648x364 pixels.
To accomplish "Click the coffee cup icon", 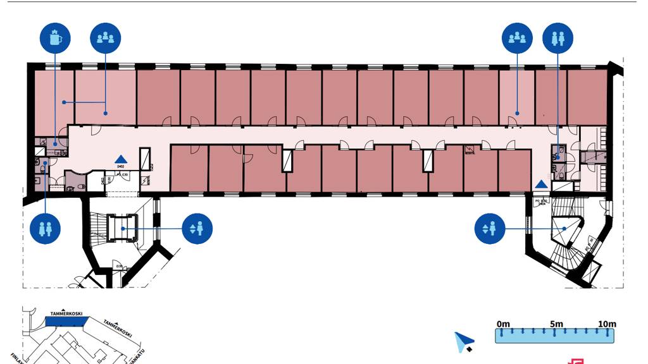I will coord(55,38).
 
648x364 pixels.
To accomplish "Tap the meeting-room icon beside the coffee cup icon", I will coord(105,38).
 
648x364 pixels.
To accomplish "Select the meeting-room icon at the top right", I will coord(517,38).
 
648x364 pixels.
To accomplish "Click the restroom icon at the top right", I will coord(558,38).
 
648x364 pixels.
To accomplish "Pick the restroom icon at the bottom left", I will coord(45,228).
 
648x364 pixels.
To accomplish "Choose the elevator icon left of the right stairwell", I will coord(490,228).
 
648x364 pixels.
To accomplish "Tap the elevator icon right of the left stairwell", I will coord(197,228).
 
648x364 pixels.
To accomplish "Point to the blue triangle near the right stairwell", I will coord(542,184).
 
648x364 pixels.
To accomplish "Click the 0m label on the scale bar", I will coord(503,324).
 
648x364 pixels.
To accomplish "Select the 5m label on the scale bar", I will coord(556,324).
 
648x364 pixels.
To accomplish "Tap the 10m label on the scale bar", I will coord(607,324).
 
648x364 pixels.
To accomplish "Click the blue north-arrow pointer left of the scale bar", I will coord(464,341).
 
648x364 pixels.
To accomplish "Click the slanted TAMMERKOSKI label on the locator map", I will coord(117,328).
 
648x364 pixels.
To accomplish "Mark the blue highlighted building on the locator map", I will coord(66,322).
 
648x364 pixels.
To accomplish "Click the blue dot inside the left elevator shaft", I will coord(124,228).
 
